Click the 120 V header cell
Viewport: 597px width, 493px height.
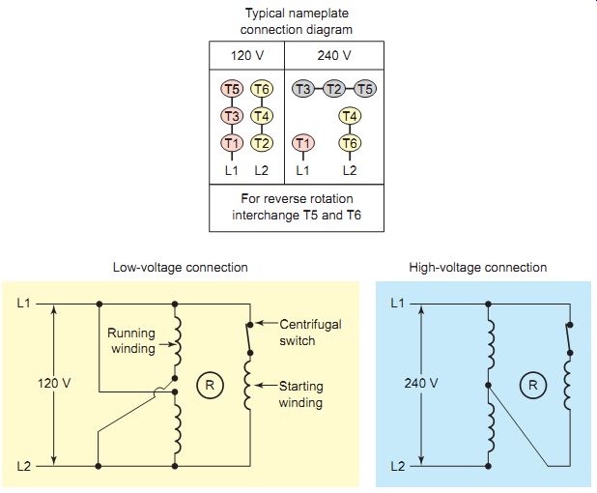click(246, 56)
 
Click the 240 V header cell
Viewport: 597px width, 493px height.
click(334, 56)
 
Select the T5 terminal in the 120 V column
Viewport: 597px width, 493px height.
click(232, 89)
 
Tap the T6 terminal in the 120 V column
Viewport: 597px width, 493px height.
click(262, 89)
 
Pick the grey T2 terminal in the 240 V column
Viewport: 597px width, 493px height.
click(334, 89)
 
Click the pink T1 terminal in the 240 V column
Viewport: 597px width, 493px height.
click(303, 143)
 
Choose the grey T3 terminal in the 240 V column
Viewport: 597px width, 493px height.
click(303, 89)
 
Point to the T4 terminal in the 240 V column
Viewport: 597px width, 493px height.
click(350, 116)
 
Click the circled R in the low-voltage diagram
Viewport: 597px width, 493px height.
click(210, 385)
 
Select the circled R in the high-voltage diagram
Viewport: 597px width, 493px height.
click(533, 385)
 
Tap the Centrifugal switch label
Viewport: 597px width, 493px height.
click(310, 333)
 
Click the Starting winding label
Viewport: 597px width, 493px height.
click(300, 394)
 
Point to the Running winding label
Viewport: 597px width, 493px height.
click(131, 340)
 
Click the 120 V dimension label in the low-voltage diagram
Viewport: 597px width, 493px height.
click(54, 383)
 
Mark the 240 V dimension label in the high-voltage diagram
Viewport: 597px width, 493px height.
click(421, 383)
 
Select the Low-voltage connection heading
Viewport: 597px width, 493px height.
click(180, 267)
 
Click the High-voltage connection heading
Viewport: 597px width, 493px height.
click(478, 267)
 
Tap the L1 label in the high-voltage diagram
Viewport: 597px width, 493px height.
click(397, 304)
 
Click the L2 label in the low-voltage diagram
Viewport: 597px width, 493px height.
click(23, 466)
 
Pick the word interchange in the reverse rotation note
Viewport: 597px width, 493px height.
click(266, 216)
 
